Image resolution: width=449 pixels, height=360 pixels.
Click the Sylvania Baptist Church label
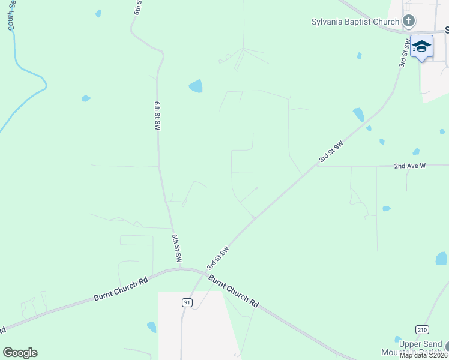pos(354,22)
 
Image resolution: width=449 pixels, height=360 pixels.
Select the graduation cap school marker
pos(421,47)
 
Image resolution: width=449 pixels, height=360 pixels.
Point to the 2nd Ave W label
pos(409,166)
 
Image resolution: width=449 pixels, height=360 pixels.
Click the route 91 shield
pos(187,303)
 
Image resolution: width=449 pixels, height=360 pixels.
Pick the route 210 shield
pos(423,329)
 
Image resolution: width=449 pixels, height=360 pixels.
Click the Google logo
pos(20,353)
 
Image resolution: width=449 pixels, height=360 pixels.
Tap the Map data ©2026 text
pos(423,355)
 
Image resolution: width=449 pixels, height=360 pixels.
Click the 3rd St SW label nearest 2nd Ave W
pos(331,152)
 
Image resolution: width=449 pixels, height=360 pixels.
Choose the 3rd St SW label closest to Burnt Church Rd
pos(218,257)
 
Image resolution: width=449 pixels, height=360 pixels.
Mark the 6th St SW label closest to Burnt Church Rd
pos(177,248)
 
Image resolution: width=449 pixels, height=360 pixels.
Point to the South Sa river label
pos(10,16)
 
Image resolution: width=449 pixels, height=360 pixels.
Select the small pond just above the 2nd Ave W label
pos(415,152)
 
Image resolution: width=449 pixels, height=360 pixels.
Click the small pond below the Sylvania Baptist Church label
pos(359,56)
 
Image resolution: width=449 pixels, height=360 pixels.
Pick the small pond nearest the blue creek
pos(86,98)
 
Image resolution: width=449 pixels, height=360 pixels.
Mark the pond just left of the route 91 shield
pos(151,327)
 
